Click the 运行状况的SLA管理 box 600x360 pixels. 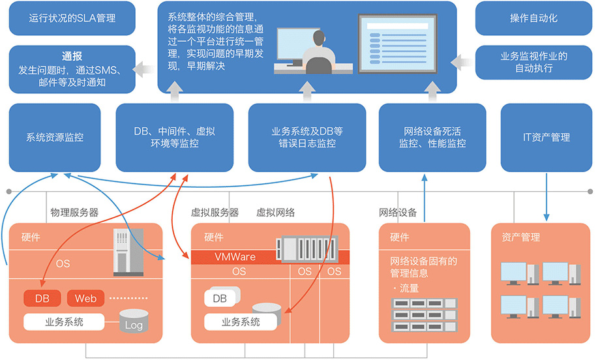point(72,18)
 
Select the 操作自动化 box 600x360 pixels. point(533,18)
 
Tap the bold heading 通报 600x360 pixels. point(72,56)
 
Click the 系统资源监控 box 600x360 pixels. point(55,138)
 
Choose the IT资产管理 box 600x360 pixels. point(547,138)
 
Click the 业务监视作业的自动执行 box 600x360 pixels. point(533,62)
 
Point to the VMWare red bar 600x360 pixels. point(235,257)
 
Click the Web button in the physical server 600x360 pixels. point(85,299)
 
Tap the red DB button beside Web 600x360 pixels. point(42,299)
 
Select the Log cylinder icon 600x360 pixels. point(134,322)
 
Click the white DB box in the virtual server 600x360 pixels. point(220,299)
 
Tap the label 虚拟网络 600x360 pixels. point(275,213)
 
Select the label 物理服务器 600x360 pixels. point(74,213)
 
